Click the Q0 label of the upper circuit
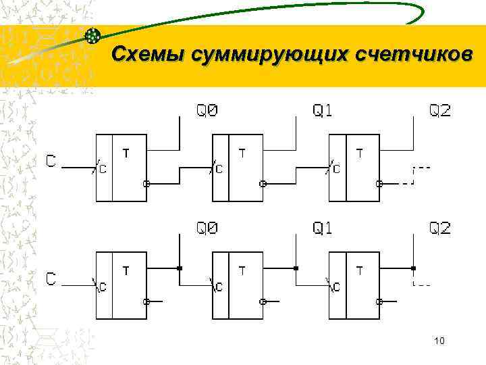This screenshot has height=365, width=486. (207, 110)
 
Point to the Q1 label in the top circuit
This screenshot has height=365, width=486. (323, 110)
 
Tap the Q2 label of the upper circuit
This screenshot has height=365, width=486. (440, 110)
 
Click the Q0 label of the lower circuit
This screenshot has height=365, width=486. (207, 228)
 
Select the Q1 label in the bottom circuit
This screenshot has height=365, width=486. (323, 228)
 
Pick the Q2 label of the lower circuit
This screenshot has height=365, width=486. (440, 228)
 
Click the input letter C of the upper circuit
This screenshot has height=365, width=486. (51, 162)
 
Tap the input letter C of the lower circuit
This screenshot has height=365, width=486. (51, 278)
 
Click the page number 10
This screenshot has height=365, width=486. (439, 342)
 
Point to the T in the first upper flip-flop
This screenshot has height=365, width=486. (126, 153)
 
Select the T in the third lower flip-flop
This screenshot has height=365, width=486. (359, 271)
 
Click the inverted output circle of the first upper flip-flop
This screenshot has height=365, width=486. (146, 183)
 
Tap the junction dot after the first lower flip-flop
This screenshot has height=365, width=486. (180, 268)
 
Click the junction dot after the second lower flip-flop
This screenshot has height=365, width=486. (296, 268)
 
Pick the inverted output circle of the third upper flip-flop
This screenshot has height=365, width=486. (379, 183)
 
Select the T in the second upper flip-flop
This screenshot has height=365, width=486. (242, 153)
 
